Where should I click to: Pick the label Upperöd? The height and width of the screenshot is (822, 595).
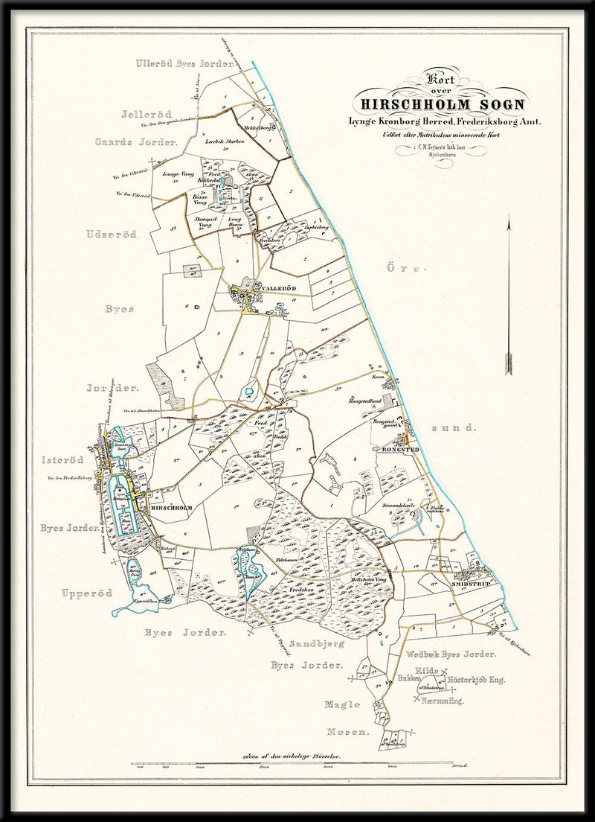[x=86, y=593]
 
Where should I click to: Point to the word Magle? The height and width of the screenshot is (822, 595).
[x=342, y=704]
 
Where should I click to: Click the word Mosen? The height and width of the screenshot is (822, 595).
[x=346, y=733]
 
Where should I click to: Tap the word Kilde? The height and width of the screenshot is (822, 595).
[x=428, y=671]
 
